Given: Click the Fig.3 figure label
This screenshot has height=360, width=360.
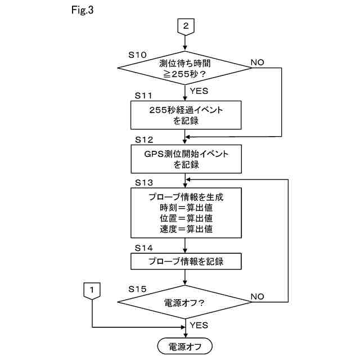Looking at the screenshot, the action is coord(82,10).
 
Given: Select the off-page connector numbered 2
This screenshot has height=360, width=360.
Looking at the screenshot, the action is coord(186,27).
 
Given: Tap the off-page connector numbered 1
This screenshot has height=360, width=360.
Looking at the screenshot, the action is coord(92,291).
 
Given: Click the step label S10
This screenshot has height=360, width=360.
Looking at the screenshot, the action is coord(137,55).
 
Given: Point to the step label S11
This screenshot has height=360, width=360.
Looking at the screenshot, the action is coord(143,96).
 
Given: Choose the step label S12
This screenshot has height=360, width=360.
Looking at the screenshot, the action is coord(144,140).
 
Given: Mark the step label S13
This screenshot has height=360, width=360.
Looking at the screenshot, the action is coord(144,183).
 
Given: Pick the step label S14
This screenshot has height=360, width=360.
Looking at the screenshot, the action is coord(144,248).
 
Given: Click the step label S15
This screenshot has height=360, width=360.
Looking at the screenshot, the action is coord(137,289).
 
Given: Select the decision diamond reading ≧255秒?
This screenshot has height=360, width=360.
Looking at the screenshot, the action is coord(185,68).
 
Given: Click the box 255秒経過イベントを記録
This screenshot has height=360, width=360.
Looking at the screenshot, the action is coord(186,115).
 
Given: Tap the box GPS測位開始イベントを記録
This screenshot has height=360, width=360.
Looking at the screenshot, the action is coord(186,159).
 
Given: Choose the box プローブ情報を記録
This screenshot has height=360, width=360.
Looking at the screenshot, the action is coord(186,261).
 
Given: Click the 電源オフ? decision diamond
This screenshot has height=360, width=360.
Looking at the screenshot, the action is coord(185,302).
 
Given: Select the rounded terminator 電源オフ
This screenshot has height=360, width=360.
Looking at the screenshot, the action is coord(185,346).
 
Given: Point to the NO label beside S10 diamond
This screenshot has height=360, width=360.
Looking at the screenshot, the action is coord(258,62).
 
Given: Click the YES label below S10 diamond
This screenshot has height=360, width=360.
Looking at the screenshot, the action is coord(199,91).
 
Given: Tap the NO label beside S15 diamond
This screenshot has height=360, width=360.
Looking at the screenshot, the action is coord(258,296).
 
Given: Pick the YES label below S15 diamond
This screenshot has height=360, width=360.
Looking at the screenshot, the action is coord(199,325).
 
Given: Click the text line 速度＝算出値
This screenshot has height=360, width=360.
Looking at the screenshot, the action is coord(186,229).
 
